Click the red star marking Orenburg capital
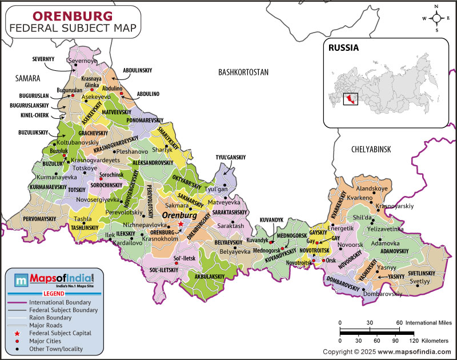pyautogui.click(x=181, y=224)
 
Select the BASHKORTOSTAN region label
pyautogui.click(x=243, y=72)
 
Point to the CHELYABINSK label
pyautogui.click(x=370, y=149)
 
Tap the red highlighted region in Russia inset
pyautogui.click(x=348, y=101)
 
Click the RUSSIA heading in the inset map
pyautogui.click(x=343, y=48)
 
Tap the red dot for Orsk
pyautogui.click(x=323, y=261)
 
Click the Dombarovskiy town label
pyautogui.click(x=383, y=294)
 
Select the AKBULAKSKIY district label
pyautogui.click(x=210, y=276)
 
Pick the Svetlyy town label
pyautogui.click(x=420, y=281)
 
